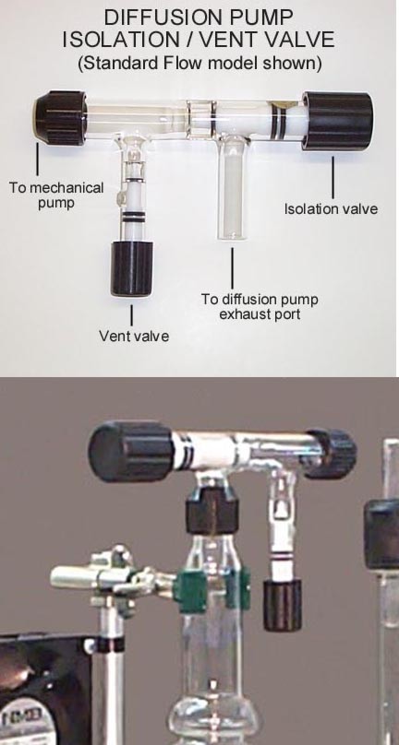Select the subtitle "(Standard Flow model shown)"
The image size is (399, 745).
(x=199, y=63)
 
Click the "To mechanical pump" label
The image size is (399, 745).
(x=56, y=195)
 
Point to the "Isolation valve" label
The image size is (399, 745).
(x=332, y=208)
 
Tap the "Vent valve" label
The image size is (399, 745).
(x=134, y=336)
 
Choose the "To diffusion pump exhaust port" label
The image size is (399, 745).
(x=260, y=307)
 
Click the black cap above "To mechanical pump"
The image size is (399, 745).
(x=60, y=118)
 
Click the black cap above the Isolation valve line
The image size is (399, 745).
(x=337, y=121)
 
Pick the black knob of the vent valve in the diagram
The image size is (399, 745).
(x=132, y=269)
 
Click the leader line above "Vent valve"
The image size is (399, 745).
(x=132, y=314)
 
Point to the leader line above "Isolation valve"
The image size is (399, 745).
(x=332, y=178)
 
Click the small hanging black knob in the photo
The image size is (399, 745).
(x=283, y=605)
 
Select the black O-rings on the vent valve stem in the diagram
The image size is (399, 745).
(x=132, y=217)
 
